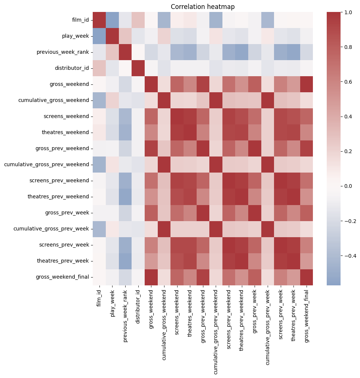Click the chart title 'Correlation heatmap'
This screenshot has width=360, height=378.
pos(203,7)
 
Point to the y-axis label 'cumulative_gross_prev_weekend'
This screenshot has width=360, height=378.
pos(46,164)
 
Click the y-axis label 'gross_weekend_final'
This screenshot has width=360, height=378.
pos(62,277)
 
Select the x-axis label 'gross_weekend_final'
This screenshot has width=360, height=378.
pos(308,312)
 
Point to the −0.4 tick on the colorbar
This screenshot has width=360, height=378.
pos(342,255)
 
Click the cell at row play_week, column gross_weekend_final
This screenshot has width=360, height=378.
pos(308,36)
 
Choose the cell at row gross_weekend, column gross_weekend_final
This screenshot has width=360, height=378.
pos(308,84)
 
